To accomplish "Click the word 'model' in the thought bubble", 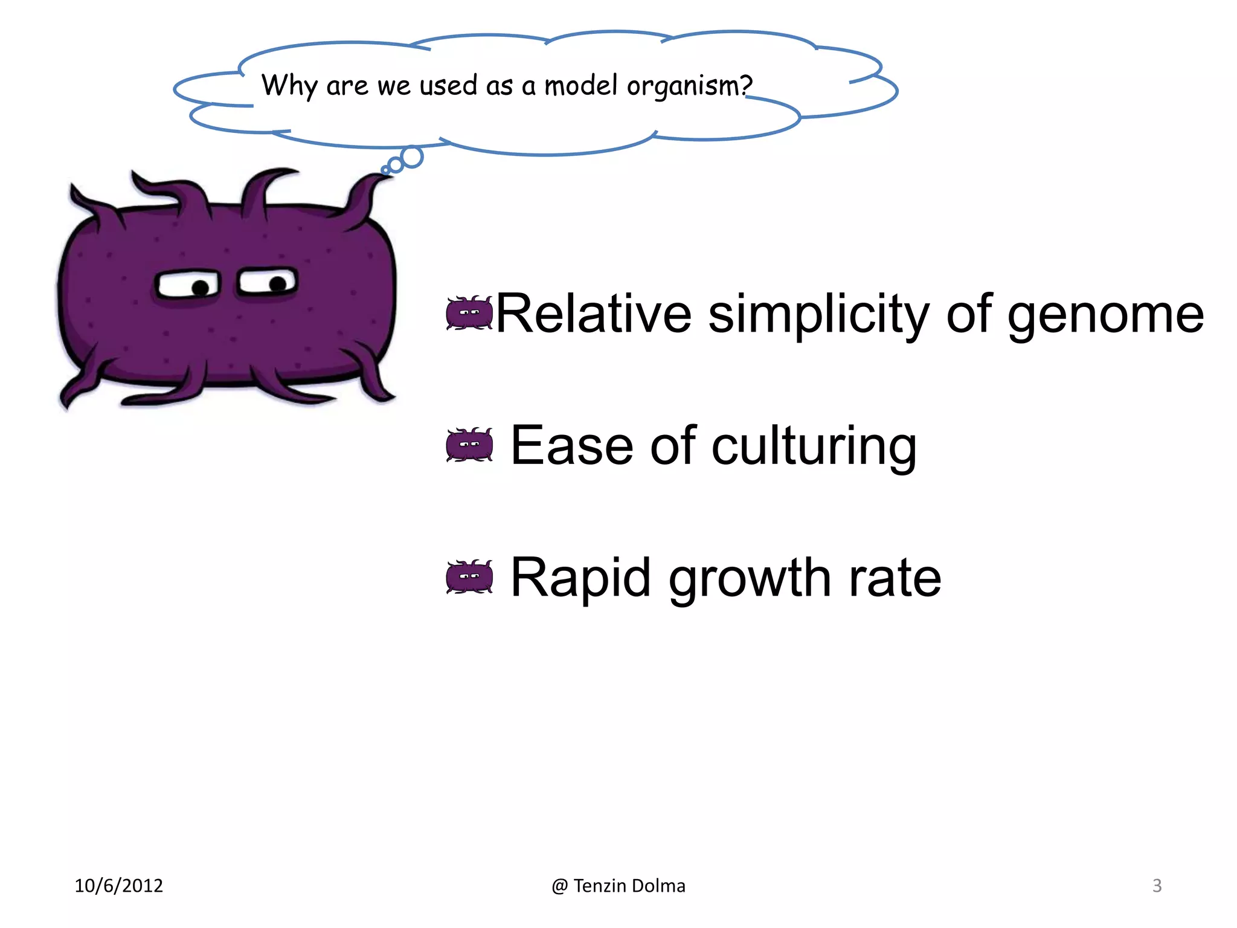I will [x=582, y=85].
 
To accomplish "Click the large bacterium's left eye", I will [x=187, y=285].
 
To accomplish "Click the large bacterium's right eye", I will [x=268, y=282].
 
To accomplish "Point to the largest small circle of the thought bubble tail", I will [x=412, y=157].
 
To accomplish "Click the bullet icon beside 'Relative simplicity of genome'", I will [x=469, y=313].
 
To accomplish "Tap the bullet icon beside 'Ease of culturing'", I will [x=469, y=445].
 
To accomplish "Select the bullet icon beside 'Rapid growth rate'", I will [x=469, y=577].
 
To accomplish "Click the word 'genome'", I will [x=1105, y=315].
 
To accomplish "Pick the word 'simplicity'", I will [x=818, y=315].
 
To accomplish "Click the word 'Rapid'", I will [x=580, y=579].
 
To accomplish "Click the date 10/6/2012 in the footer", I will [x=119, y=886].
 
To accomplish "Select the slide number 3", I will [x=1157, y=886].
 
